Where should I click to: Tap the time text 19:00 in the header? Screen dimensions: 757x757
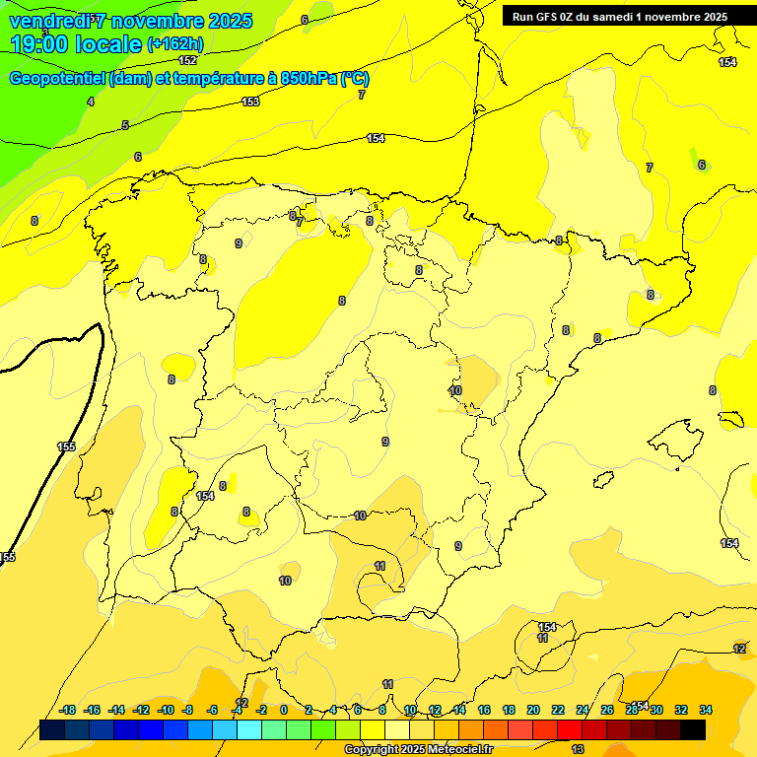44,44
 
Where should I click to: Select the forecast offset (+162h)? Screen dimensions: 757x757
174,44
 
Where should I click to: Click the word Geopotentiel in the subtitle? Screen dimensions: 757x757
58,79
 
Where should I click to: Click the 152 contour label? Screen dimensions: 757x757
187,60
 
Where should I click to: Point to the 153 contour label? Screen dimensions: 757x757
250,102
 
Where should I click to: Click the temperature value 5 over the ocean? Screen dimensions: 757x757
125,125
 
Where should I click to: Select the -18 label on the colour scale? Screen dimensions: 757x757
68,710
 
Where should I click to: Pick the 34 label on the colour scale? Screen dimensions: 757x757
705,710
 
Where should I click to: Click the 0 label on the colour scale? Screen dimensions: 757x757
284,710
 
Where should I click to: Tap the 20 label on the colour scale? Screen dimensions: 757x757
533,710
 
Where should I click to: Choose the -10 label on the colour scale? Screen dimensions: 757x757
165,710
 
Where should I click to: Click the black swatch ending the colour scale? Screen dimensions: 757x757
693,729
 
